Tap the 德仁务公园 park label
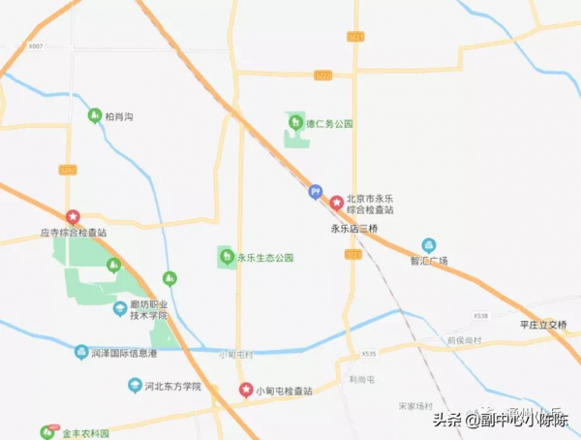click(330, 124)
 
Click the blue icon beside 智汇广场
click(428, 245)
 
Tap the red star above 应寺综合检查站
click(72, 217)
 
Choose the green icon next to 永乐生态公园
click(226, 257)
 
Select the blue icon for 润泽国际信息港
click(81, 351)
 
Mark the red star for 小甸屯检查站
click(245, 390)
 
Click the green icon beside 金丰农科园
click(46, 432)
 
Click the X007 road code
click(36, 46)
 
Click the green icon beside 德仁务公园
click(295, 121)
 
